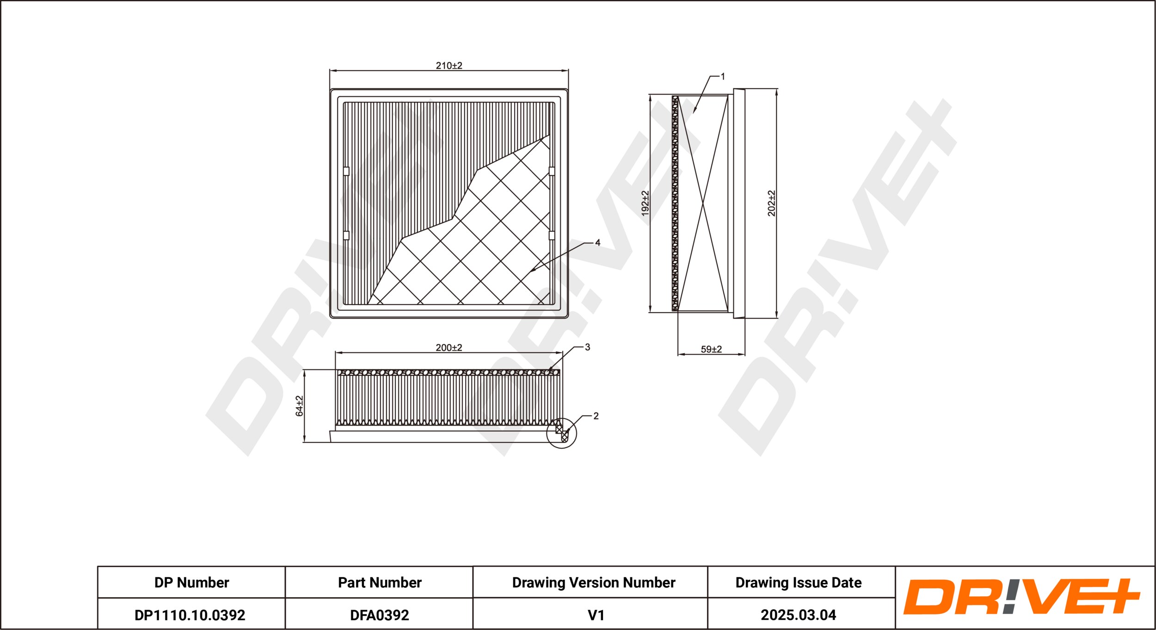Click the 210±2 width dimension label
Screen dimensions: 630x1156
click(x=449, y=66)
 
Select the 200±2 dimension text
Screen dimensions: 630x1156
click(x=449, y=348)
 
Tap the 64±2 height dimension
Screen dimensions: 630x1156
click(x=300, y=406)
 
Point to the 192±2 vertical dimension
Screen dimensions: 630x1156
click(x=645, y=203)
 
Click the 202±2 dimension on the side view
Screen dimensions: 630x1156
click(x=771, y=203)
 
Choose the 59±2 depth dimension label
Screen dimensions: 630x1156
click(x=711, y=349)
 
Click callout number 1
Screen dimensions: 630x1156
click(x=723, y=77)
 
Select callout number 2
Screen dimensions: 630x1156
click(x=596, y=416)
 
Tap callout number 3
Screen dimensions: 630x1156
click(x=587, y=347)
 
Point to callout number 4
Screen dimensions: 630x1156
click(x=597, y=243)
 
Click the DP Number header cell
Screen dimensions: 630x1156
click(x=191, y=582)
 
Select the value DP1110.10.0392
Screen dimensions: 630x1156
click(x=190, y=615)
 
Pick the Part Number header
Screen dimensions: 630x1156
click(x=380, y=582)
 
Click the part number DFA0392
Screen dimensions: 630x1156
click(x=380, y=615)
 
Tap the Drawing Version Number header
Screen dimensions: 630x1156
click(x=594, y=582)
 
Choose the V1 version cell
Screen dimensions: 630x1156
click(x=596, y=615)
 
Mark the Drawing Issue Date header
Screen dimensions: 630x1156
click(x=799, y=582)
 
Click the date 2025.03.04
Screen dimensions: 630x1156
click(x=799, y=615)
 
